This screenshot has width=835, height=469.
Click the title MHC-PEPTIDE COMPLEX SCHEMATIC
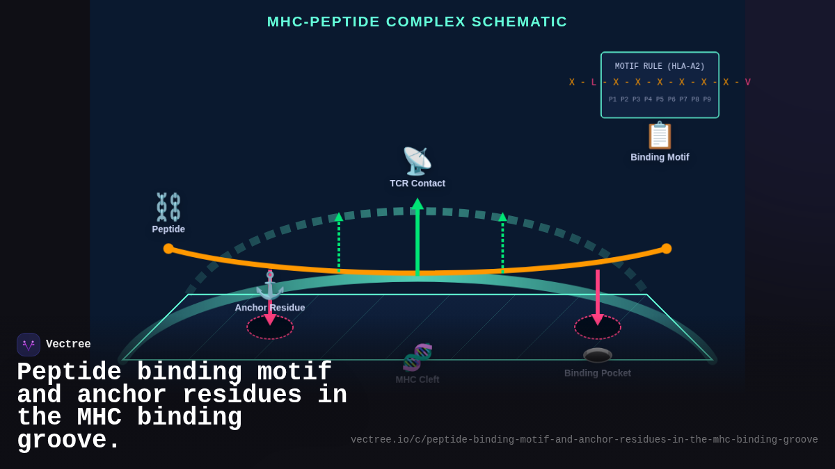pyautogui.click(x=417, y=22)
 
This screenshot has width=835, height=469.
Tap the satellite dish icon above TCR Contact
pyautogui.click(x=417, y=161)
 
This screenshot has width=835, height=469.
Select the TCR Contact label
pyautogui.click(x=417, y=183)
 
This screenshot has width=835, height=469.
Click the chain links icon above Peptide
pyautogui.click(x=168, y=207)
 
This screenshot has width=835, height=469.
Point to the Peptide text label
pyautogui.click(x=168, y=229)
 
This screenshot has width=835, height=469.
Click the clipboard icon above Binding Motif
pyautogui.click(x=660, y=135)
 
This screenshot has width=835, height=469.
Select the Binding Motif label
pyautogui.click(x=660, y=157)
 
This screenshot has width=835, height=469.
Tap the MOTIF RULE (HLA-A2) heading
pyautogui.click(x=660, y=67)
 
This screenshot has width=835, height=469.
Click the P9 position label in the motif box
pyautogui.click(x=706, y=99)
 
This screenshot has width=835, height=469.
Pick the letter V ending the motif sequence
pyautogui.click(x=748, y=82)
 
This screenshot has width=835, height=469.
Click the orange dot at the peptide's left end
pyautogui.click(x=168, y=249)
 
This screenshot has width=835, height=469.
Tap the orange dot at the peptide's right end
pyautogui.click(x=666, y=249)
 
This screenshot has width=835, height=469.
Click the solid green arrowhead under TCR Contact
pyautogui.click(x=417, y=204)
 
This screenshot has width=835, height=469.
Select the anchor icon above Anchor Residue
pyautogui.click(x=269, y=286)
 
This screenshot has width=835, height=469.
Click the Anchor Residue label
pyautogui.click(x=270, y=308)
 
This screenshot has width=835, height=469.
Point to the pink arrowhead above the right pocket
pyautogui.click(x=598, y=320)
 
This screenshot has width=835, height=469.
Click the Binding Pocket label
pyautogui.click(x=598, y=373)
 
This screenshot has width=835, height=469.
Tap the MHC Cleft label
pyautogui.click(x=417, y=379)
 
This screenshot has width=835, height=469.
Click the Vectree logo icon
pyautogui.click(x=29, y=345)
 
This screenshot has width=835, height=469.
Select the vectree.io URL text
pyautogui.click(x=584, y=440)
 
